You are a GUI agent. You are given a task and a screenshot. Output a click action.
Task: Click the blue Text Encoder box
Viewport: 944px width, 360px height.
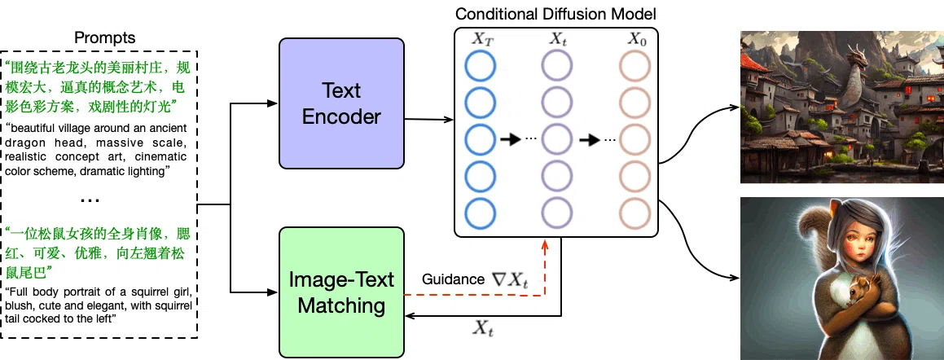pos(341,103)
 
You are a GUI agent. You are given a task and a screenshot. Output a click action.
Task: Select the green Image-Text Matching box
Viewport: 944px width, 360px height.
pos(341,292)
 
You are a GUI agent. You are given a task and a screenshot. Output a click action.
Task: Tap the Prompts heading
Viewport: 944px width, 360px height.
pos(105,38)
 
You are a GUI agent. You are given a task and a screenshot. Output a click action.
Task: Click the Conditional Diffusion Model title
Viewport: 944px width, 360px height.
pos(555,14)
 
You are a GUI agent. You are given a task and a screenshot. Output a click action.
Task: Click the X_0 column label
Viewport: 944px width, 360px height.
pos(636,41)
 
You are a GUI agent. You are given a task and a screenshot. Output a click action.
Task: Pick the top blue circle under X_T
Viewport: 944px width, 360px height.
pos(480,66)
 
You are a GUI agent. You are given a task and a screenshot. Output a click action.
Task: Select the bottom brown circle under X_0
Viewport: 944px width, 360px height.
pos(636,213)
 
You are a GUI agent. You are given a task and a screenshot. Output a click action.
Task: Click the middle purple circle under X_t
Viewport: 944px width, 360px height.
pos(557,139)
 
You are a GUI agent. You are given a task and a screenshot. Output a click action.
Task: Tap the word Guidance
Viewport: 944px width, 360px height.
pos(453,279)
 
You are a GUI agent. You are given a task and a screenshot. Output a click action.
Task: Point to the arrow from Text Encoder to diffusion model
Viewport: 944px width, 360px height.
pos(428,119)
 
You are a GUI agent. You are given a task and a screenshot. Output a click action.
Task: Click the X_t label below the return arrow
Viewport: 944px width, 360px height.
pos(485,328)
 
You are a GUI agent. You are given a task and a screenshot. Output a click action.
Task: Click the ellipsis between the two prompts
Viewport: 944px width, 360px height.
pos(90,200)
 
